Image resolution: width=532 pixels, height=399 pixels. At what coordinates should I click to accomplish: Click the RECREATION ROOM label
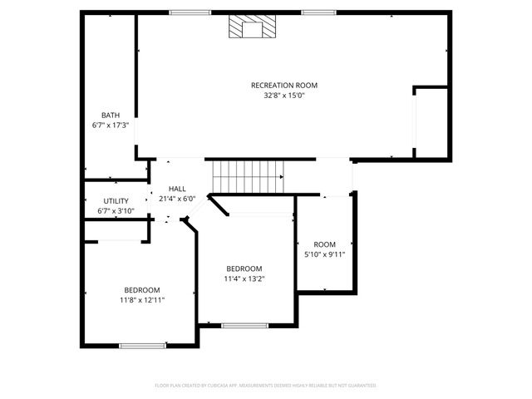coord(284,85)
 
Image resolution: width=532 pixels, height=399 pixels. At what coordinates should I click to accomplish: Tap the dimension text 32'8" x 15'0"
coord(284,96)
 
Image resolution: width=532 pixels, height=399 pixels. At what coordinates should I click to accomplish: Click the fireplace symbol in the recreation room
coord(249,28)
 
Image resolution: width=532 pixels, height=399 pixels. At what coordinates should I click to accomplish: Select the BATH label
coord(110,115)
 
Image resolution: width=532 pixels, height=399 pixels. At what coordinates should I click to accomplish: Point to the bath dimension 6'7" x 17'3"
coord(110,125)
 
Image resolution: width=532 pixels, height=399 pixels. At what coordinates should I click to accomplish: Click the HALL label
coord(177,189)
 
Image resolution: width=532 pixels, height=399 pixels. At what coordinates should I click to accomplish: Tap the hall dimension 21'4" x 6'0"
coord(177,199)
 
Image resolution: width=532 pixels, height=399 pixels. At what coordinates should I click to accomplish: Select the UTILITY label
coord(116,201)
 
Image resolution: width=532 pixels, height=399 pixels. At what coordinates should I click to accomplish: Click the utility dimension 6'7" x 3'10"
coord(116,211)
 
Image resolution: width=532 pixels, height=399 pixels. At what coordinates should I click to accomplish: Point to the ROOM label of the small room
coord(325,244)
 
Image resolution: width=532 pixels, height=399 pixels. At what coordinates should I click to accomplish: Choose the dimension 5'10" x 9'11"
coord(325,254)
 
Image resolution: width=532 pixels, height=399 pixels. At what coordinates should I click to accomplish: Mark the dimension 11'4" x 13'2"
coord(244,278)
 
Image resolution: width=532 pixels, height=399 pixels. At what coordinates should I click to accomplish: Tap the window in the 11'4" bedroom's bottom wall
coord(244,325)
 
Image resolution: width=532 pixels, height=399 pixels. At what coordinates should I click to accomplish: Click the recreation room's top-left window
coord(190,12)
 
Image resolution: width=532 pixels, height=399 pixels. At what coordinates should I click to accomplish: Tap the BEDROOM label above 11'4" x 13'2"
coord(244,268)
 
